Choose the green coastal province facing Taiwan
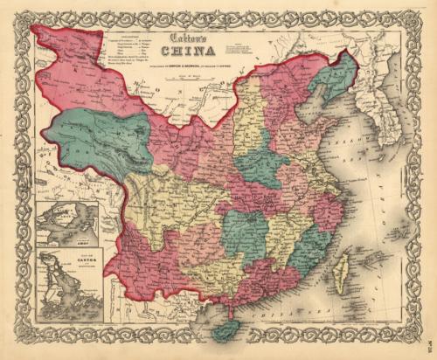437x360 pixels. click(x=307, y=253)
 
